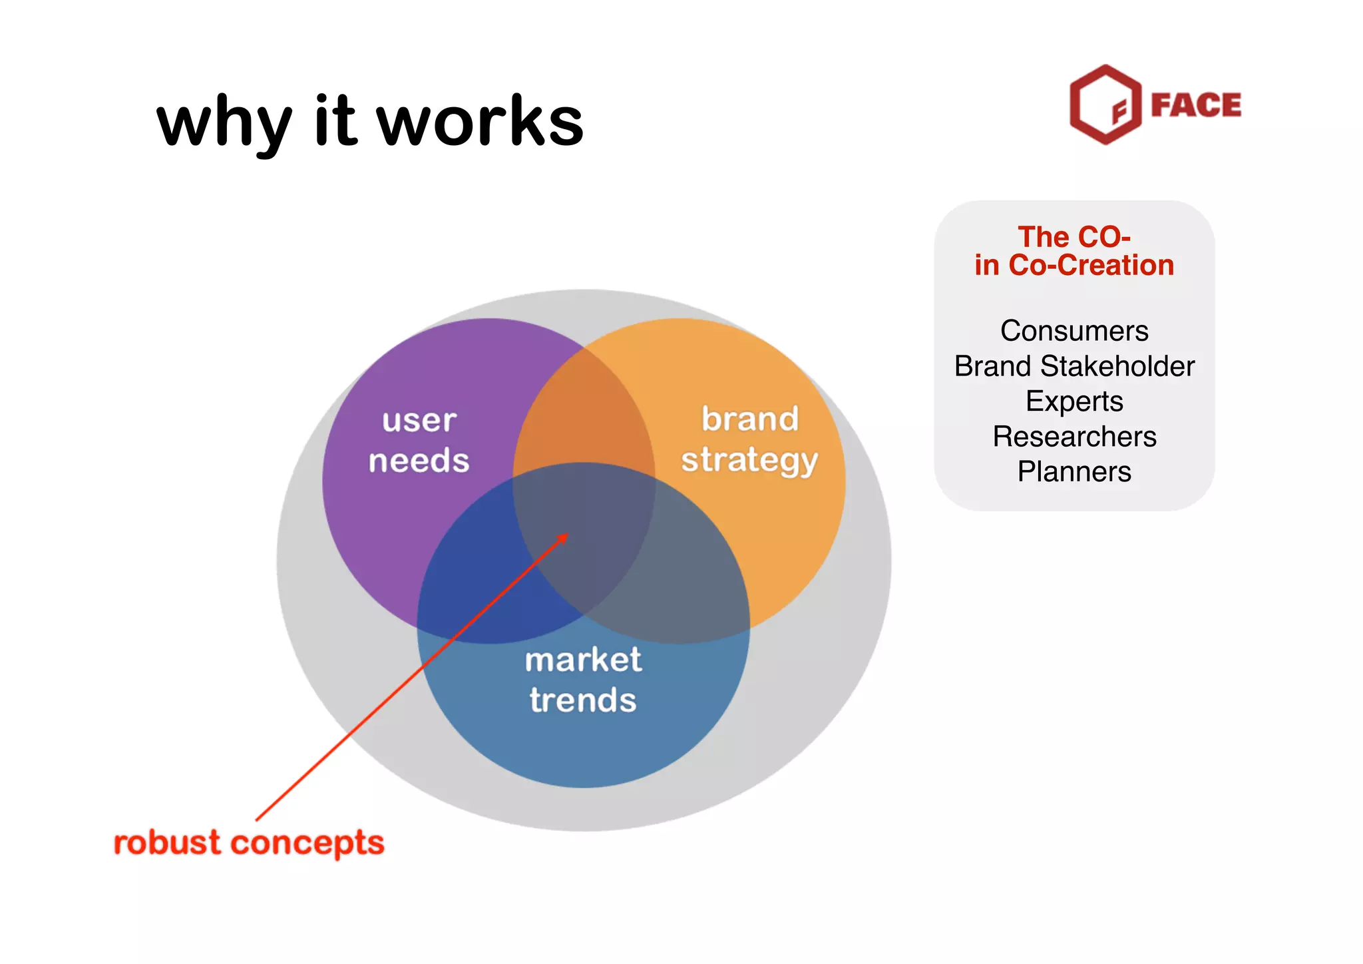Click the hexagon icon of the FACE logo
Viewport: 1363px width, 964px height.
[1105, 105]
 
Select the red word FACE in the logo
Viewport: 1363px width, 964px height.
[1196, 105]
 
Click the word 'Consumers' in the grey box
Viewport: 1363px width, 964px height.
[1074, 331]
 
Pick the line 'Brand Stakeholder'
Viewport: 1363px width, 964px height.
[1074, 366]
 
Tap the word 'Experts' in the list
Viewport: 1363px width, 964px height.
[1074, 401]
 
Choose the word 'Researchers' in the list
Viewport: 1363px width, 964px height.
[1074, 437]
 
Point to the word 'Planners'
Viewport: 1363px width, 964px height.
[1074, 472]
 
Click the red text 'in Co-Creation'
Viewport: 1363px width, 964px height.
[1074, 266]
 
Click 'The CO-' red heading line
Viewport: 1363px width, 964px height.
[1074, 237]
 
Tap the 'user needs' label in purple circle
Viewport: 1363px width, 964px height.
[419, 441]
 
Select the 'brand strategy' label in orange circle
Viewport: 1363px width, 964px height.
[749, 439]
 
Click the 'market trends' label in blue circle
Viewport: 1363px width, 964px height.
[583, 680]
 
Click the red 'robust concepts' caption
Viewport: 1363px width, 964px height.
[249, 843]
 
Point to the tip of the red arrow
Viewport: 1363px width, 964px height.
[567, 535]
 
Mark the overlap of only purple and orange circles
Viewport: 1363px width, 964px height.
[583, 406]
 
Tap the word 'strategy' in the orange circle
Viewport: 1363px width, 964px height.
[749, 461]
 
